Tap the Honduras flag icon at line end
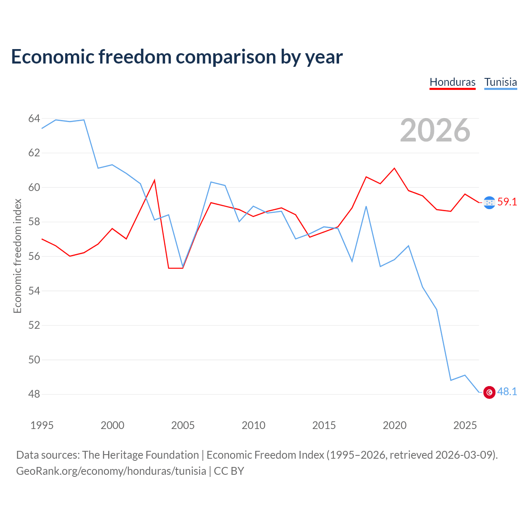(x=489, y=203)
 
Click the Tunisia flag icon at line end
(x=489, y=392)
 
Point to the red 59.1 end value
(x=507, y=202)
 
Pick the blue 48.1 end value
(x=507, y=392)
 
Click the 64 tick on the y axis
(x=34, y=119)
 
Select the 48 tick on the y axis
(x=34, y=394)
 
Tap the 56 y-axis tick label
(x=34, y=257)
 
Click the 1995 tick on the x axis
(x=42, y=426)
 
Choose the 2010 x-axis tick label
(x=253, y=426)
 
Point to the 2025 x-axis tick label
(x=465, y=426)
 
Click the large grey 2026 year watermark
(x=435, y=130)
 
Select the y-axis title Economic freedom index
(x=18, y=256)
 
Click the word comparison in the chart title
(x=226, y=57)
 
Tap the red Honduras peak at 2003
(x=155, y=180)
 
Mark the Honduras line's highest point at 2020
(x=394, y=168)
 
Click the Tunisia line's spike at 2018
(x=366, y=206)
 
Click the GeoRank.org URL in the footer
(x=111, y=471)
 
